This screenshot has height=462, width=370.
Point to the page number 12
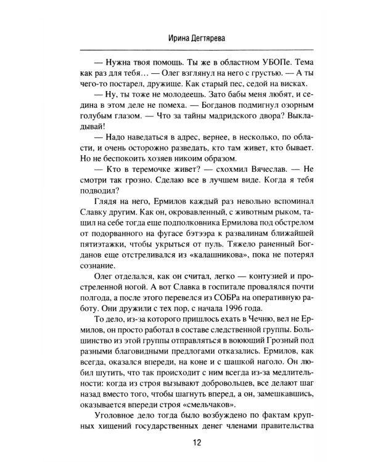(185, 442)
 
